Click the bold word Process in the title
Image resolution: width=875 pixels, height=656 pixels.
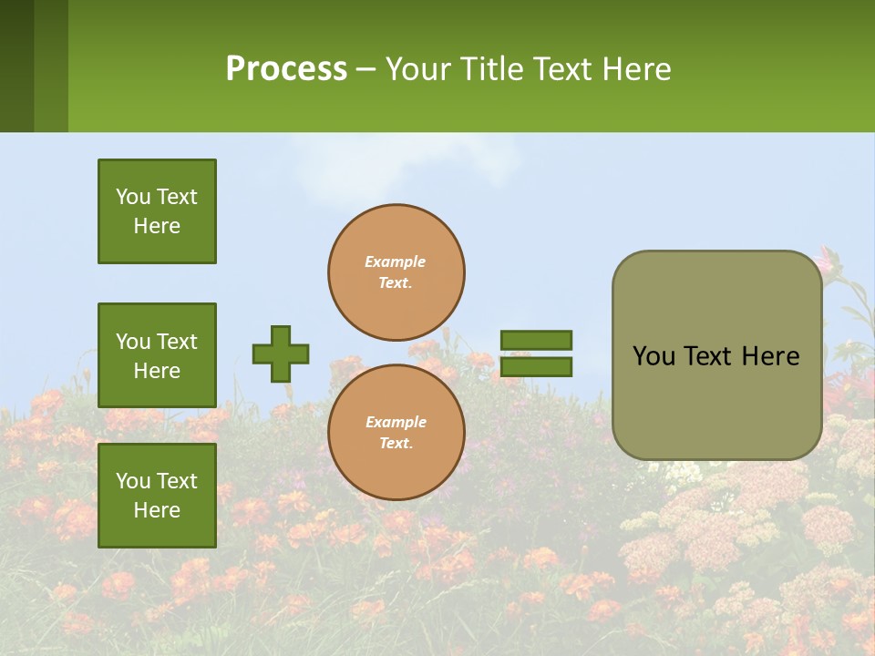[286, 69]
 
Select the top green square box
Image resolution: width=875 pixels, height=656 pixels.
[157, 211]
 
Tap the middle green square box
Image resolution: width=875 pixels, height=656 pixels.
[157, 355]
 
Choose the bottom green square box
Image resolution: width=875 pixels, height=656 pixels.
[157, 496]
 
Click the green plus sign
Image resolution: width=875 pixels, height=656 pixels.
[281, 354]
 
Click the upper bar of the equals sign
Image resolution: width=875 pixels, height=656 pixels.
[536, 340]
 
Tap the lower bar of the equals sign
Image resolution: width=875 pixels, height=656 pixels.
[536, 367]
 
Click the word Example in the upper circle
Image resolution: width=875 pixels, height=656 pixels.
[395, 261]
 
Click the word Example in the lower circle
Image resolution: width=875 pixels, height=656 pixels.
[396, 422]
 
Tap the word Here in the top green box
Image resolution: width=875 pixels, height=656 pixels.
[157, 226]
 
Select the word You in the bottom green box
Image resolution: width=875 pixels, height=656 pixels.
[133, 481]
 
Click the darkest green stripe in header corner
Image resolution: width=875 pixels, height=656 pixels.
[16, 66]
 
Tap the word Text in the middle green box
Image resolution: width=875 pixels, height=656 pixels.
[177, 342]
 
